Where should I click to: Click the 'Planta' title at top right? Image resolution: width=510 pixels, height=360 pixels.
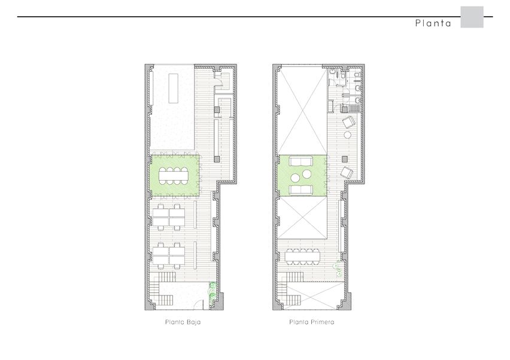pos(433,23)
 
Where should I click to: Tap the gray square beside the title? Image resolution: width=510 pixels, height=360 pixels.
pos(472,17)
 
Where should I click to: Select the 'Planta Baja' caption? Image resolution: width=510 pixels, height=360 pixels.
pos(183,322)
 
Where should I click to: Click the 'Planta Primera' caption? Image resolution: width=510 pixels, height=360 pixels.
pos(312,322)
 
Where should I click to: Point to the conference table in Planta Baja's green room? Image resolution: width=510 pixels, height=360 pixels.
pos(174,175)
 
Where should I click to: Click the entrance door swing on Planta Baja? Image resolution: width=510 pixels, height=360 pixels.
pos(198,305)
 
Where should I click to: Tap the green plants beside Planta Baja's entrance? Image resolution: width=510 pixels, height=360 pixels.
pos(212,291)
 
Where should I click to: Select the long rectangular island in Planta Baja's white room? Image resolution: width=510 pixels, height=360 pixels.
pos(174,89)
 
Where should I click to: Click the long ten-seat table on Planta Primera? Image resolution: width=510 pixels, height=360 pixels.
pos(302,257)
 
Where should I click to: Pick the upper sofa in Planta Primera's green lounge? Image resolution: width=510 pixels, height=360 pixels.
pos(301,161)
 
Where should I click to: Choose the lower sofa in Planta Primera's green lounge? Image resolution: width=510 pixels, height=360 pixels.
pos(301,190)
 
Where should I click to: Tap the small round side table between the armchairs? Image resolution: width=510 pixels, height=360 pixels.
pos(348,135)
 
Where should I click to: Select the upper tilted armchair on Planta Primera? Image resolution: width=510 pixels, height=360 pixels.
pos(348,122)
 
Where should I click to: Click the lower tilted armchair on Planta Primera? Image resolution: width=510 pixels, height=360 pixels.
pos(347,172)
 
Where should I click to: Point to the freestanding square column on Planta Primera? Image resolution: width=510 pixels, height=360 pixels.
pos(345,159)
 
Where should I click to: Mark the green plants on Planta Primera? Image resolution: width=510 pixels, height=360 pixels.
pos(338,269)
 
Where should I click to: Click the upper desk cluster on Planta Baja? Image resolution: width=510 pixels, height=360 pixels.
pos(169,216)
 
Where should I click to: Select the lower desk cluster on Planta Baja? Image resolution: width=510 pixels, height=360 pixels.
pos(169,255)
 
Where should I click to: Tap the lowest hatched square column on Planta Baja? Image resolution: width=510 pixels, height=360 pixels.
pos(217,159)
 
